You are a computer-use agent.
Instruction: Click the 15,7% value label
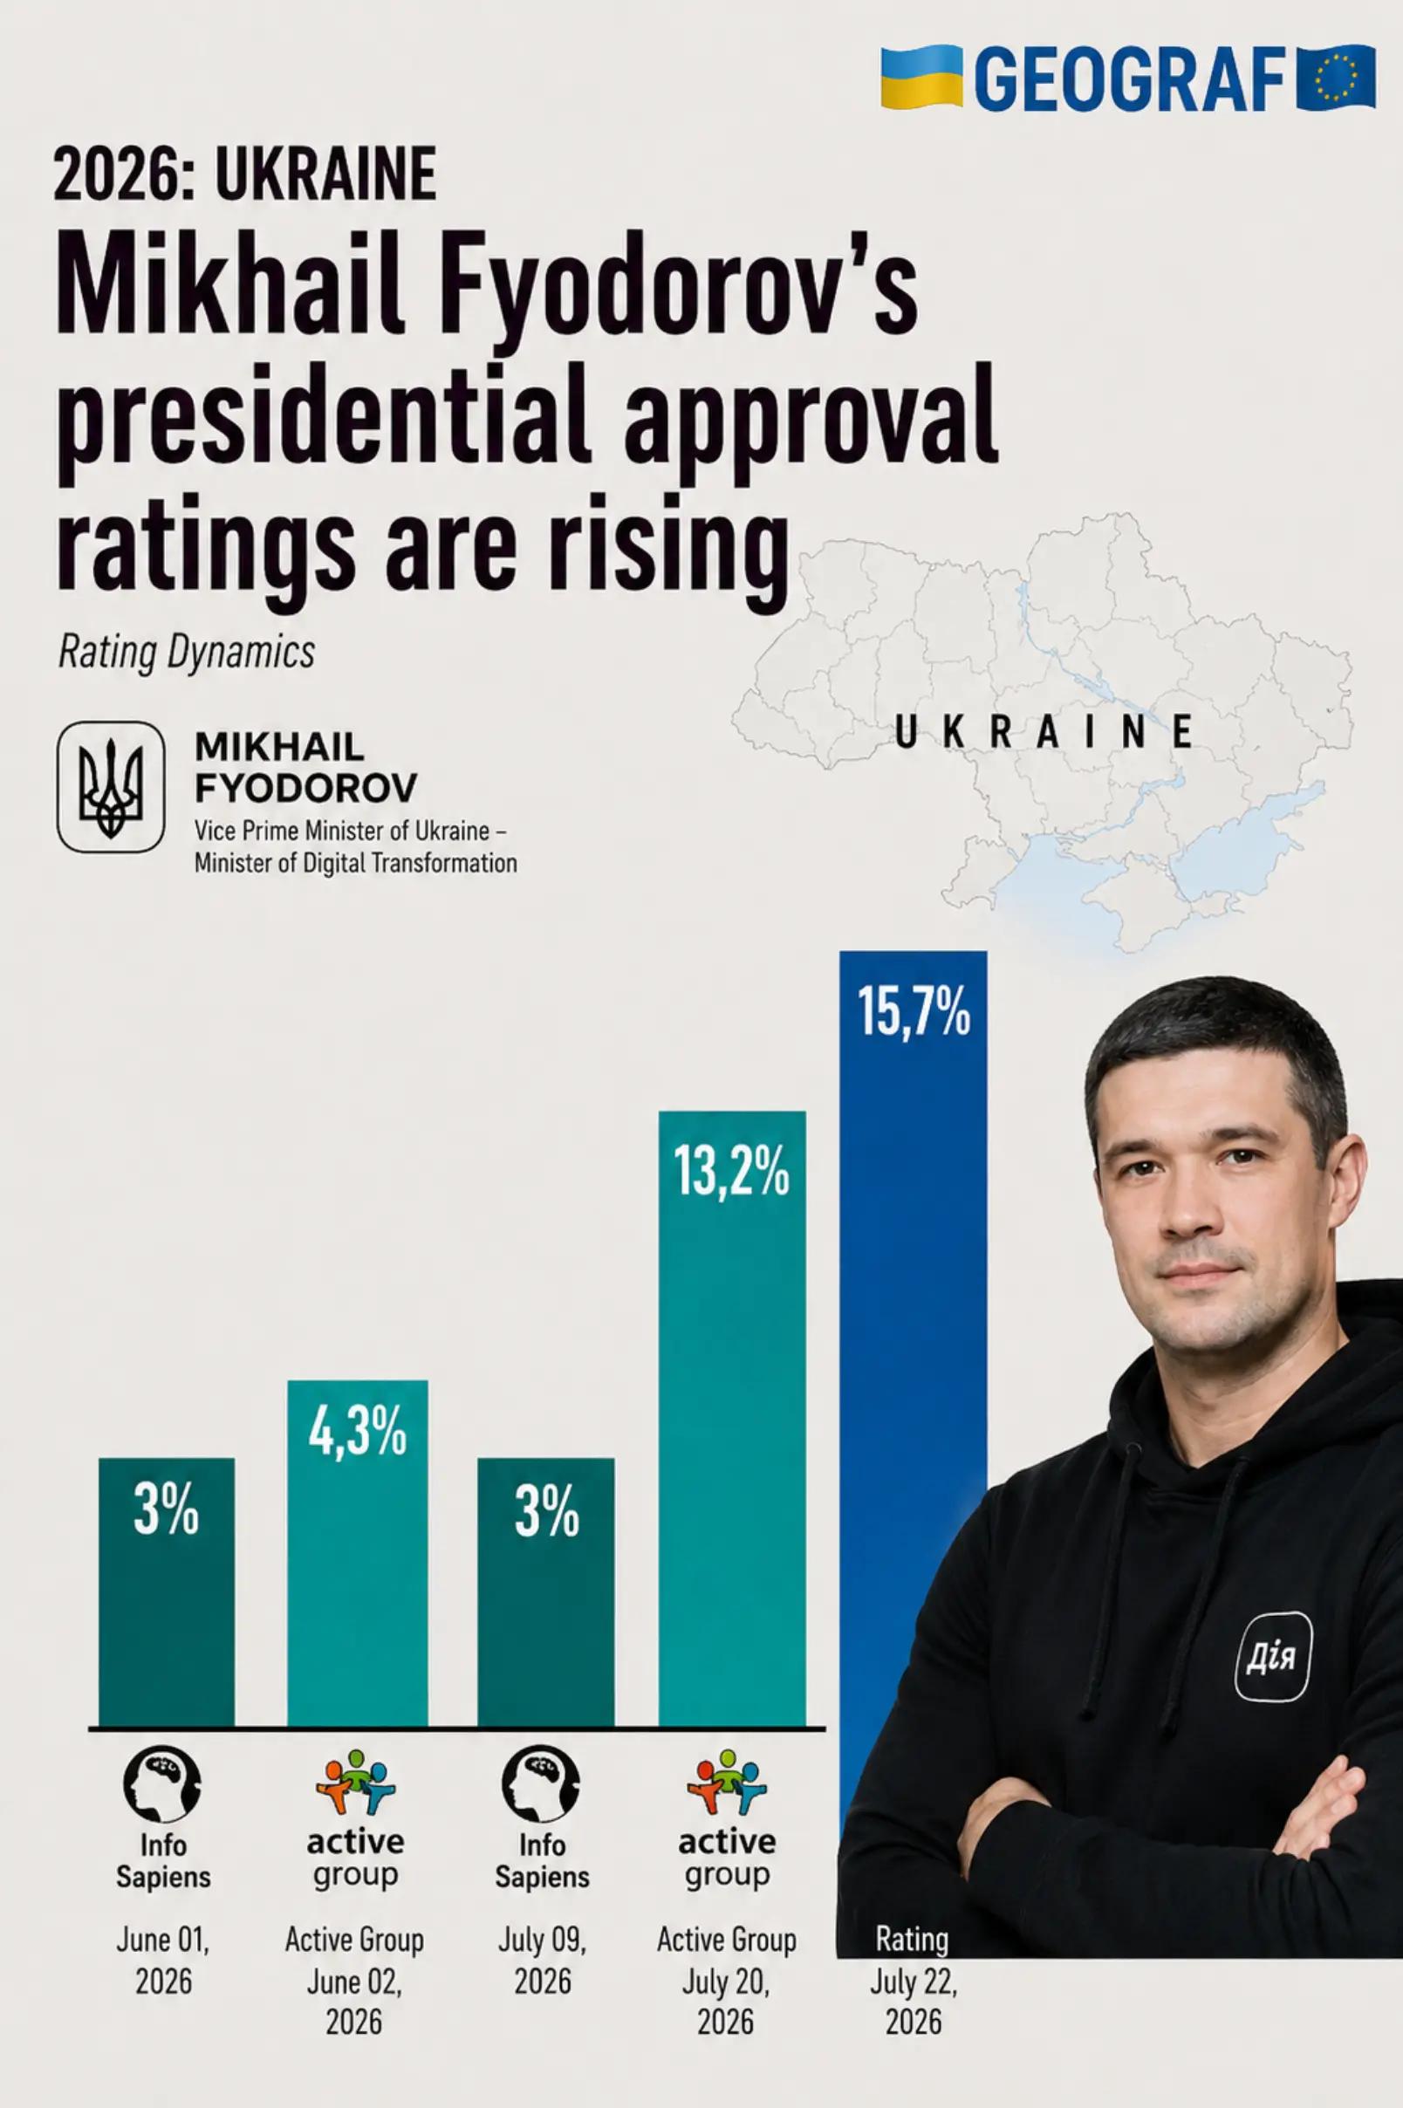[x=914, y=1011]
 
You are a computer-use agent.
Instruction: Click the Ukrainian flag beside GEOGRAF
[x=921, y=79]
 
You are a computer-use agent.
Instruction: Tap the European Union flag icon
[x=1337, y=79]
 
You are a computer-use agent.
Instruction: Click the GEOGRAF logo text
[x=1130, y=79]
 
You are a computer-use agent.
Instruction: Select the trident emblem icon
[x=111, y=787]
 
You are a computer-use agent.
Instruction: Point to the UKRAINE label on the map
[x=1044, y=732]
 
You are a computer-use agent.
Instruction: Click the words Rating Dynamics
[x=186, y=653]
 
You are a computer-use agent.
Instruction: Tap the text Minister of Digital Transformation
[x=356, y=864]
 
